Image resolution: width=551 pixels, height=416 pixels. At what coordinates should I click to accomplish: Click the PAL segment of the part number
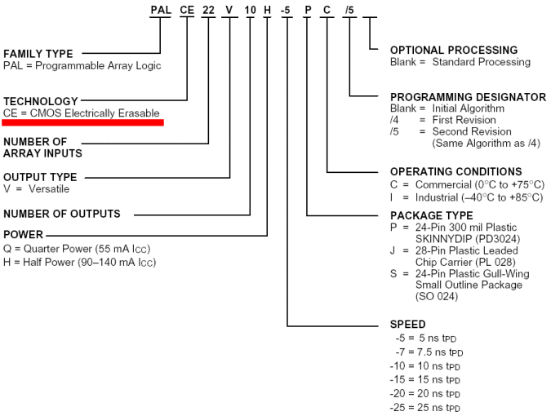[161, 10]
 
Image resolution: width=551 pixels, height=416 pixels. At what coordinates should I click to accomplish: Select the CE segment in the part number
[187, 10]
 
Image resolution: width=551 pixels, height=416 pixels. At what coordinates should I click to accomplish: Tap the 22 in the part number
[208, 10]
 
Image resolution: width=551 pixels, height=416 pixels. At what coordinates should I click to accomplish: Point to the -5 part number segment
[286, 10]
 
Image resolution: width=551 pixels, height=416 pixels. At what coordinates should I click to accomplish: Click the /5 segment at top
[349, 10]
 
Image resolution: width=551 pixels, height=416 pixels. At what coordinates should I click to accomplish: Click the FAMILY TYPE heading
[38, 54]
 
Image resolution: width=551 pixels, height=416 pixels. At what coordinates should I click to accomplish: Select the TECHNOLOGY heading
[41, 101]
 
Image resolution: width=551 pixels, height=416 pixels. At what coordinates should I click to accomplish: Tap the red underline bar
[83, 122]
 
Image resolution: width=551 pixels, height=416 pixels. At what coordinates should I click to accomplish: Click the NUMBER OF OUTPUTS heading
[62, 214]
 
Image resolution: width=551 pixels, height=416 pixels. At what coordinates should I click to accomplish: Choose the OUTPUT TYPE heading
[40, 176]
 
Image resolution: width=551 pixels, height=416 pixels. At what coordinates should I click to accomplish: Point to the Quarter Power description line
[77, 249]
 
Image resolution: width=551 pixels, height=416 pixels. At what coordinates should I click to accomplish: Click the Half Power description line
[80, 262]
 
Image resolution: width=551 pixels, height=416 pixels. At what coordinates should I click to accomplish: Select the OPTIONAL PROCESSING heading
[454, 50]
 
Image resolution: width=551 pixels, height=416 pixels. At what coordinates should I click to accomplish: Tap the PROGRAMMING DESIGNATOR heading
[469, 97]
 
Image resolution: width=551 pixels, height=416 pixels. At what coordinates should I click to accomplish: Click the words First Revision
[464, 120]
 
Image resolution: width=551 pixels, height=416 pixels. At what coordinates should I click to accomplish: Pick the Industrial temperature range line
[467, 197]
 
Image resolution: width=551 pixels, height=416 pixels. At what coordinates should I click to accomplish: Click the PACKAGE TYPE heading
[432, 215]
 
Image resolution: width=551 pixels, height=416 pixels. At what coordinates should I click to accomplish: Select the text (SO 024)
[437, 296]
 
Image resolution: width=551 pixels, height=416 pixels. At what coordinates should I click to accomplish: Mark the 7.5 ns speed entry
[429, 352]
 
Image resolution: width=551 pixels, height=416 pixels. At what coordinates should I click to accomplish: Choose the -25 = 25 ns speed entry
[425, 408]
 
